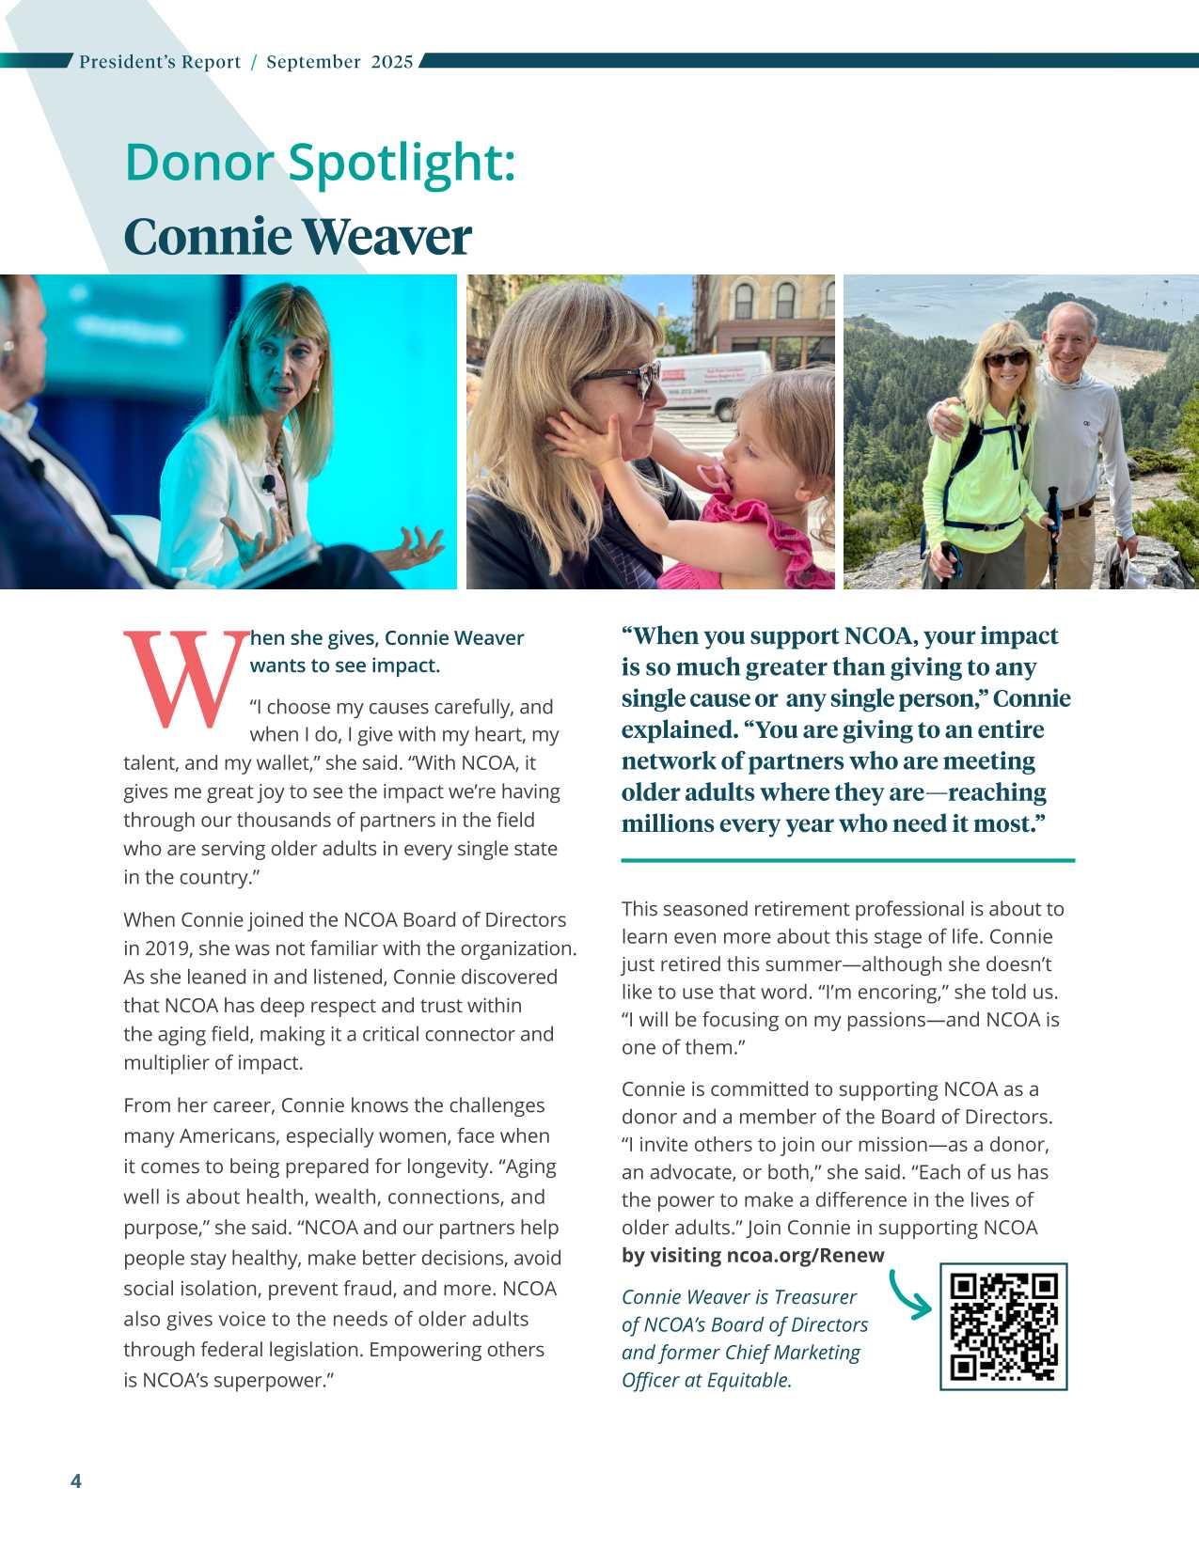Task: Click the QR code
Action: pos(1003,1326)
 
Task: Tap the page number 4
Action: pos(76,1481)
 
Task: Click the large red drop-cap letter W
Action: pos(185,680)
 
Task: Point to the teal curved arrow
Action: pos(909,1295)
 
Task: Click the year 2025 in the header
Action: pos(391,62)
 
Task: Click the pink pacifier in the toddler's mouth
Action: pos(714,476)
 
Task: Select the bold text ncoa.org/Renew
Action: pos(805,1256)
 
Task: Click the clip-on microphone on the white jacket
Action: pos(268,484)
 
